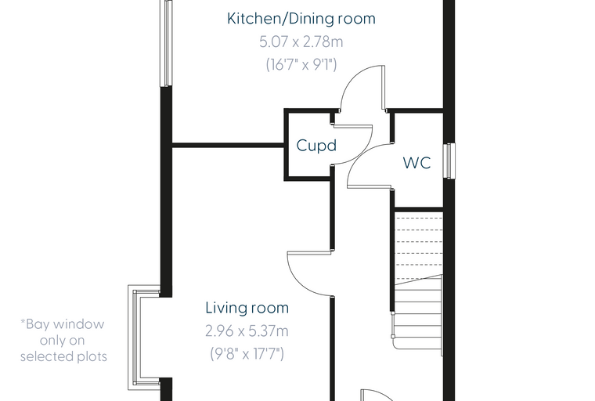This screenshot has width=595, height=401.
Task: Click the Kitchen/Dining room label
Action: click(301, 19)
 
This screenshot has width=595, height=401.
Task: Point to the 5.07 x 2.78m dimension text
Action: click(301, 42)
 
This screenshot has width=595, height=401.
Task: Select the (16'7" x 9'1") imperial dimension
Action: click(301, 64)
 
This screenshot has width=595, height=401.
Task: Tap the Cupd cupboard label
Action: click(316, 146)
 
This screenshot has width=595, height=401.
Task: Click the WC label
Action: click(416, 163)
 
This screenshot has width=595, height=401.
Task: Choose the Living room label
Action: click(247, 308)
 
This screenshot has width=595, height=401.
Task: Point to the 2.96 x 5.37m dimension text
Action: click(247, 331)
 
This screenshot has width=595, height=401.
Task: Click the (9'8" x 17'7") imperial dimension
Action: click(247, 354)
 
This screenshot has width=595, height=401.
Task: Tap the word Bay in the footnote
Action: click(36, 325)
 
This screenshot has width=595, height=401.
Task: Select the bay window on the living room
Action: click(145, 338)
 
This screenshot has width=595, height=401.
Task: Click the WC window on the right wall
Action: click(449, 161)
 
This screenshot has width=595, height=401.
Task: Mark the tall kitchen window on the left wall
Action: click(166, 43)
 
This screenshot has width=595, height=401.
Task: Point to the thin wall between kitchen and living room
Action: click(228, 145)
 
